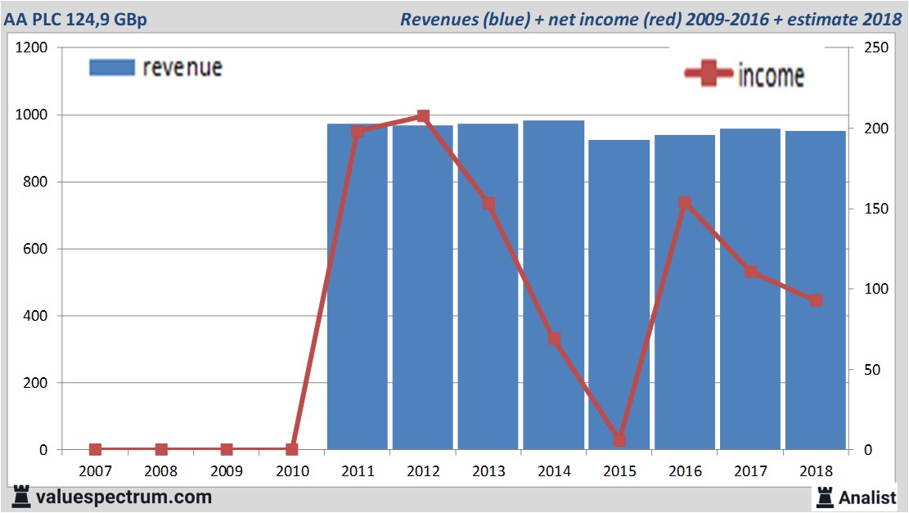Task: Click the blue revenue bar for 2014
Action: pos(554,286)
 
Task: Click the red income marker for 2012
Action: pos(423,117)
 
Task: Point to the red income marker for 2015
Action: pos(619,440)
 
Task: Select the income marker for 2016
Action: pos(685,203)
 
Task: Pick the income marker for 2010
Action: pos(292,449)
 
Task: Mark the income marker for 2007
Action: pos(96,449)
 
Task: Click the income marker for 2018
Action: pos(816,300)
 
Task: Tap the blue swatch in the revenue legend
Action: pos(111,68)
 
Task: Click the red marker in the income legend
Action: pos(708,74)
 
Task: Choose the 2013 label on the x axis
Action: pos(488,471)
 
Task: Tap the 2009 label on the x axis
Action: pos(227,471)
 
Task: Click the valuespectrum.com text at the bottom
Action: pos(123,497)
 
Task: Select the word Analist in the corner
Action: pos(867,497)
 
